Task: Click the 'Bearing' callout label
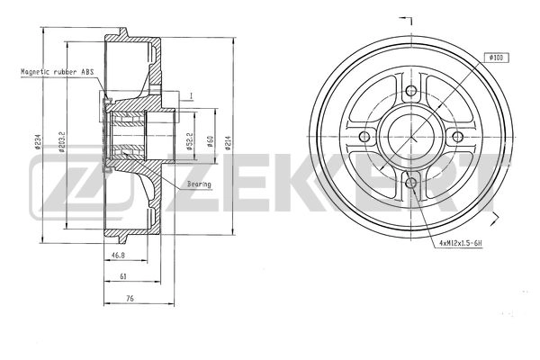tap(200, 184)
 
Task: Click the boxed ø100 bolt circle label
tap(496, 57)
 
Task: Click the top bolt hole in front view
tap(410, 90)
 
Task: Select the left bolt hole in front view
tap(364, 137)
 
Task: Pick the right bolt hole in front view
tap(457, 137)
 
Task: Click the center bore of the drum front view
tap(410, 137)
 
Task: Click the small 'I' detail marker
tap(191, 94)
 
